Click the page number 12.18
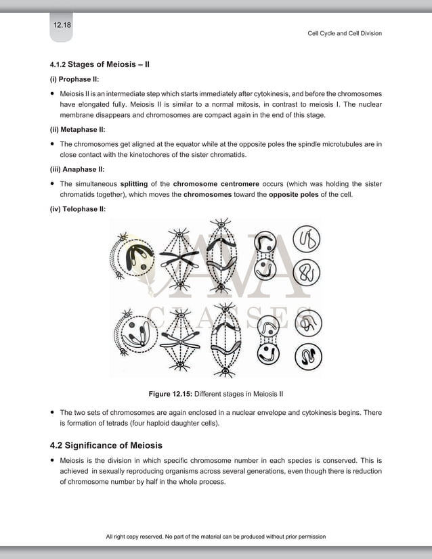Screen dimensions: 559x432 pyautogui.click(x=62, y=25)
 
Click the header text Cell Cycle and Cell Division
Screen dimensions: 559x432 pyautogui.click(x=345, y=33)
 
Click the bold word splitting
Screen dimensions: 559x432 pyautogui.click(x=134, y=183)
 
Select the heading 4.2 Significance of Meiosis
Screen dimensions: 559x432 pyautogui.click(x=106, y=445)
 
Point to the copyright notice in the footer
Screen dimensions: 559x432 pyautogui.click(x=216, y=537)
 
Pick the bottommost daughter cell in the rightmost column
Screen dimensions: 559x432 pyautogui.click(x=308, y=356)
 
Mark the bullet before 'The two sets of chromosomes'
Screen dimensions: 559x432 pyautogui.click(x=53, y=412)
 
